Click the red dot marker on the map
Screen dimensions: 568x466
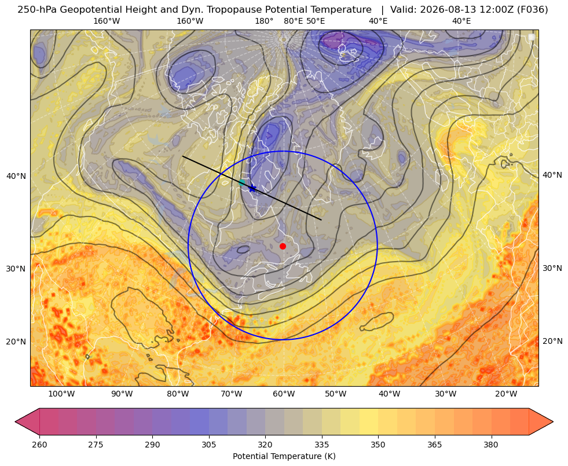[283, 246]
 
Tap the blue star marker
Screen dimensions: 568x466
[252, 189]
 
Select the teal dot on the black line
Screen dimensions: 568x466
[242, 182]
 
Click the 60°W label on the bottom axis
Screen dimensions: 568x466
[284, 394]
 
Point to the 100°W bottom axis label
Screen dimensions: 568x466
[61, 394]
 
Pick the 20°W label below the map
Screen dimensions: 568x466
[506, 394]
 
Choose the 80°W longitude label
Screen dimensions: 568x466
[178, 394]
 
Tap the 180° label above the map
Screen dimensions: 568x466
[264, 21]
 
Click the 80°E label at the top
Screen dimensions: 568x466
[294, 21]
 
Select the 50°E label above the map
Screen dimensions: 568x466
[316, 21]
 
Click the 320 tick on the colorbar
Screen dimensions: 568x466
[265, 445]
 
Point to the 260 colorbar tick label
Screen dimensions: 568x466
[39, 445]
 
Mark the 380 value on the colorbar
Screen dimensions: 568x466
[491, 445]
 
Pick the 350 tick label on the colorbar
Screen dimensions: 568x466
[378, 445]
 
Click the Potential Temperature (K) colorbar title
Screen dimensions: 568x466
[284, 456]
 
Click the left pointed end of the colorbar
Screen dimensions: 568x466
[15, 421]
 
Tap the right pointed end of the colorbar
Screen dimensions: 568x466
[553, 421]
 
